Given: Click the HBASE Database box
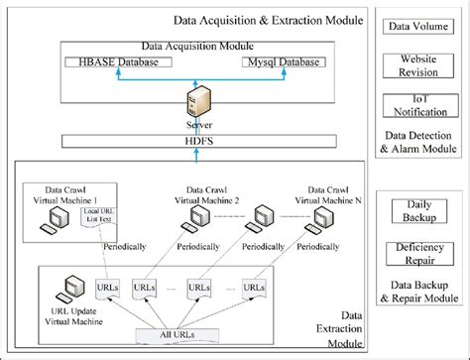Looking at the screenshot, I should tap(118, 62).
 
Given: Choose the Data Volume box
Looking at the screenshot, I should tap(420, 26).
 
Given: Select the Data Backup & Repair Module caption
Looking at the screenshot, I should tap(419, 291).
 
